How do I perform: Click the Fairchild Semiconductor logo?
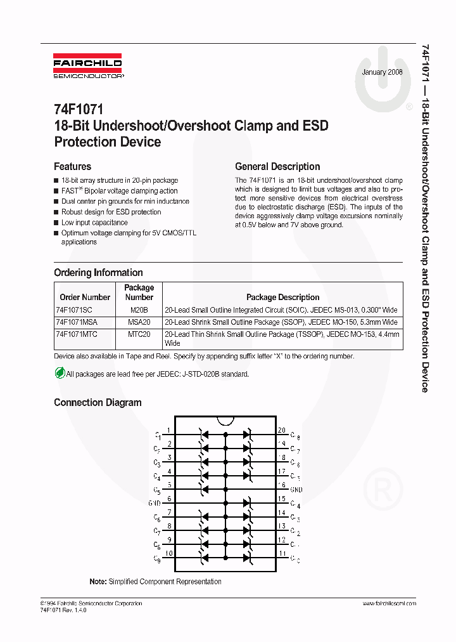(89, 68)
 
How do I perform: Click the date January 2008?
(383, 72)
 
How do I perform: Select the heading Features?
(72, 167)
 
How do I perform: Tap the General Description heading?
(277, 167)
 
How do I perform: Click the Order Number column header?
(85, 297)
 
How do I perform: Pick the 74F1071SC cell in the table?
(74, 310)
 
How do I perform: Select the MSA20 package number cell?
(139, 322)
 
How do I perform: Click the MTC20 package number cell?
(139, 334)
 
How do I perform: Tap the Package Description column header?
(282, 297)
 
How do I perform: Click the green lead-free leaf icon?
(60, 374)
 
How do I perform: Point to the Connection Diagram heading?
(98, 402)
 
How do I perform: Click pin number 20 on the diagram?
(282, 430)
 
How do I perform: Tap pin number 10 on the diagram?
(169, 553)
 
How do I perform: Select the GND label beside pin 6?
(155, 503)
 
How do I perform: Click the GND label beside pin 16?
(296, 490)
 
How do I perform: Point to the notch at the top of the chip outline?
(225, 420)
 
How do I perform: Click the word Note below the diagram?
(98, 582)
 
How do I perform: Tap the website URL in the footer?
(389, 603)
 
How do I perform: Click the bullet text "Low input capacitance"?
(94, 223)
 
